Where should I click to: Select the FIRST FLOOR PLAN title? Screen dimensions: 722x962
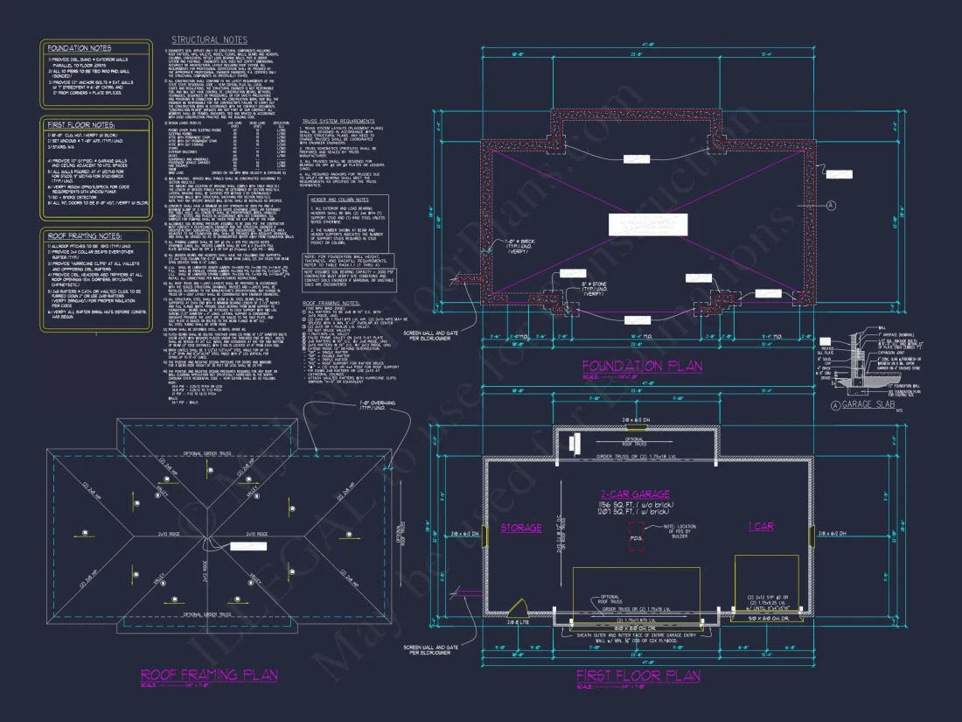(x=638, y=676)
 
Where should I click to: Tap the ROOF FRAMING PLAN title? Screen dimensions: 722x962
(x=209, y=674)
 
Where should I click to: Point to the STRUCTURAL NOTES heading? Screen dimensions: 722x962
(x=209, y=40)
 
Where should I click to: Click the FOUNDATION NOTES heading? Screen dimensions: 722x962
(x=80, y=48)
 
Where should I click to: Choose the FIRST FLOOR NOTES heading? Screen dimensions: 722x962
(x=80, y=125)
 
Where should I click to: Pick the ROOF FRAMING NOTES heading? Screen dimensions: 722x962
(x=86, y=236)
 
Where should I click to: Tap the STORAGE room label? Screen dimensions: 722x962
(x=521, y=529)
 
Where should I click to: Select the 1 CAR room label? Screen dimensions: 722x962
(x=760, y=527)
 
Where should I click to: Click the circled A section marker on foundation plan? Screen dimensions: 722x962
(x=831, y=204)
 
